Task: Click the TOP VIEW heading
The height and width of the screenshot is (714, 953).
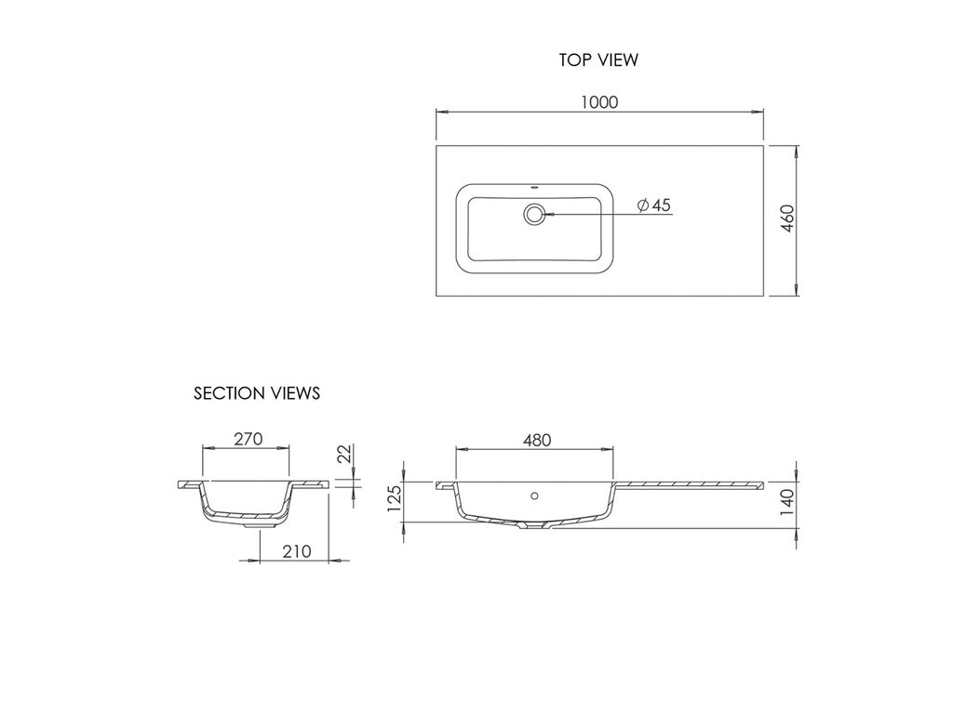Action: coord(598,60)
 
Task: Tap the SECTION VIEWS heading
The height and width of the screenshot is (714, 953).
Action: coord(257,393)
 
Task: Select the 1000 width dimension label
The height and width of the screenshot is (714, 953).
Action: coord(599,102)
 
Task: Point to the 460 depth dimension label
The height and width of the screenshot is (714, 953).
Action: coord(787,218)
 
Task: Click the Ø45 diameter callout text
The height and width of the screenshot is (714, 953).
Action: coord(654,205)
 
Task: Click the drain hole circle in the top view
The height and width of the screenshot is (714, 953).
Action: coord(534,214)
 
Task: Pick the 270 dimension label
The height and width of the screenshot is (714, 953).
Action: coord(248,439)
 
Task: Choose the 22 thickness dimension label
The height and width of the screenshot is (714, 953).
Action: coord(344,454)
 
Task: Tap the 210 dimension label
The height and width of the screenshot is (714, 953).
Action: coord(297,551)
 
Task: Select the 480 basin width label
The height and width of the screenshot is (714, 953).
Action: coord(537,440)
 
